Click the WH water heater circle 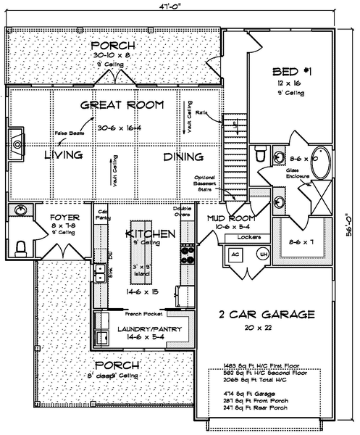tap(264, 255)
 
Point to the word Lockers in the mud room tap(249, 238)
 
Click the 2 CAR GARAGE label tap(267, 315)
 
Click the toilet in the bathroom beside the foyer tap(21, 248)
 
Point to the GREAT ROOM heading tap(122, 105)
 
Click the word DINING tap(183, 157)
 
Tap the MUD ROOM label tap(229, 217)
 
